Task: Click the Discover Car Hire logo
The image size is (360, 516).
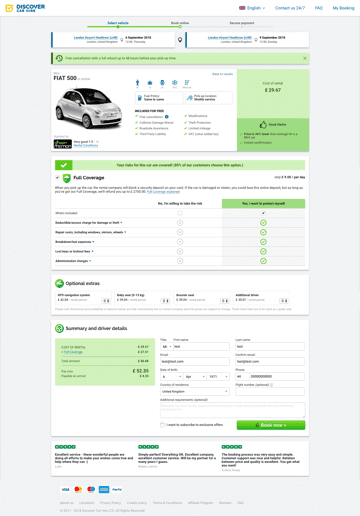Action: point(25,8)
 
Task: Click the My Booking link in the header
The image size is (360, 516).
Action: point(343,8)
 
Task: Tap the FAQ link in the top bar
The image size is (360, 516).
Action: point(319,8)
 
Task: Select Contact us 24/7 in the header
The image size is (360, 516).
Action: point(290,8)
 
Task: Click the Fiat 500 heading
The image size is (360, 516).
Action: point(66,77)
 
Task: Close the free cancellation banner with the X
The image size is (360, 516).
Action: point(305,58)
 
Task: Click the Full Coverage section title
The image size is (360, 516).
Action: point(89,178)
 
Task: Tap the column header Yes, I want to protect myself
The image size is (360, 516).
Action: point(263,203)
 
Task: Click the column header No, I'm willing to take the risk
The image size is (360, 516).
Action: point(180,203)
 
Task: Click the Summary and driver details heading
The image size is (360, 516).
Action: point(96,328)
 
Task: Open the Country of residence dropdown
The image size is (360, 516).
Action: point(195,391)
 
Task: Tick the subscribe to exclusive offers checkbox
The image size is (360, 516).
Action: point(163,425)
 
